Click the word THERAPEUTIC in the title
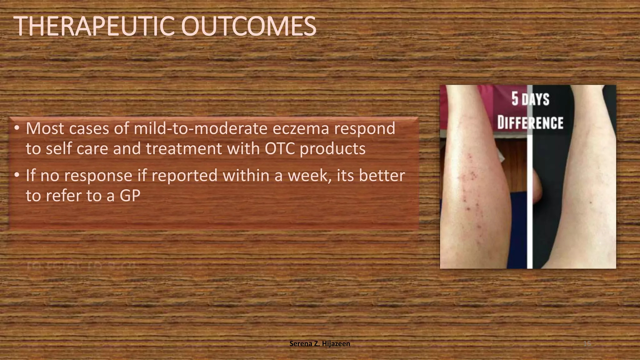click(94, 27)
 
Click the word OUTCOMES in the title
click(248, 27)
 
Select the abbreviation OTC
click(280, 149)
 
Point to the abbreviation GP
click(130, 196)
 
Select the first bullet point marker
click(17, 128)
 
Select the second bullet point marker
click(17, 175)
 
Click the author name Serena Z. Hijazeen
click(320, 344)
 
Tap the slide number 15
click(587, 344)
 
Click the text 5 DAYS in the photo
click(530, 99)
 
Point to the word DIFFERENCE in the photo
click(530, 122)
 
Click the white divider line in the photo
click(530, 203)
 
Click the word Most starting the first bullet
click(45, 129)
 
